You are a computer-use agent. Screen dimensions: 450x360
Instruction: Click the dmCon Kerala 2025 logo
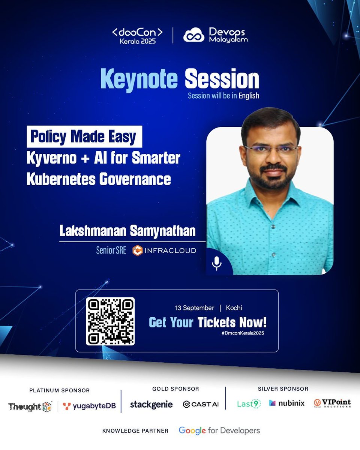137,36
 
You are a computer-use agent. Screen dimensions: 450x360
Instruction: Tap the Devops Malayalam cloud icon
193,35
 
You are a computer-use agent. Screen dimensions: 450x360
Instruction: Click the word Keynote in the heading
139,79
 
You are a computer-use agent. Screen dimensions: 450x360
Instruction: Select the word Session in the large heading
222,79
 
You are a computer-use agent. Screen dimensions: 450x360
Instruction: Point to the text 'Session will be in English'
223,96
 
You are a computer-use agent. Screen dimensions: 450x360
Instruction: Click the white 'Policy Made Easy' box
84,137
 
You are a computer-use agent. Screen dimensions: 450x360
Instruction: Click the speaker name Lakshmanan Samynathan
127,231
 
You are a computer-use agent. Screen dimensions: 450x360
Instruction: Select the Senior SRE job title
111,250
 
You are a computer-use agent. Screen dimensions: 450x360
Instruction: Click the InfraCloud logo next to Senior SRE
164,250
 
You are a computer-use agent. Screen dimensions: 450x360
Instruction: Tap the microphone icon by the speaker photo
216,263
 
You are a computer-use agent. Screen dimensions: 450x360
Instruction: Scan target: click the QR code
110,321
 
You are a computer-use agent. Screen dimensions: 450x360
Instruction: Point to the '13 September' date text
195,308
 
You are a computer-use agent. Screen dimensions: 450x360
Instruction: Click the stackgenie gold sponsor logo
151,404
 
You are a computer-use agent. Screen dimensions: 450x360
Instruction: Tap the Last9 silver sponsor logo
249,404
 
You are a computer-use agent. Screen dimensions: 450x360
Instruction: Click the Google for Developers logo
219,430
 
